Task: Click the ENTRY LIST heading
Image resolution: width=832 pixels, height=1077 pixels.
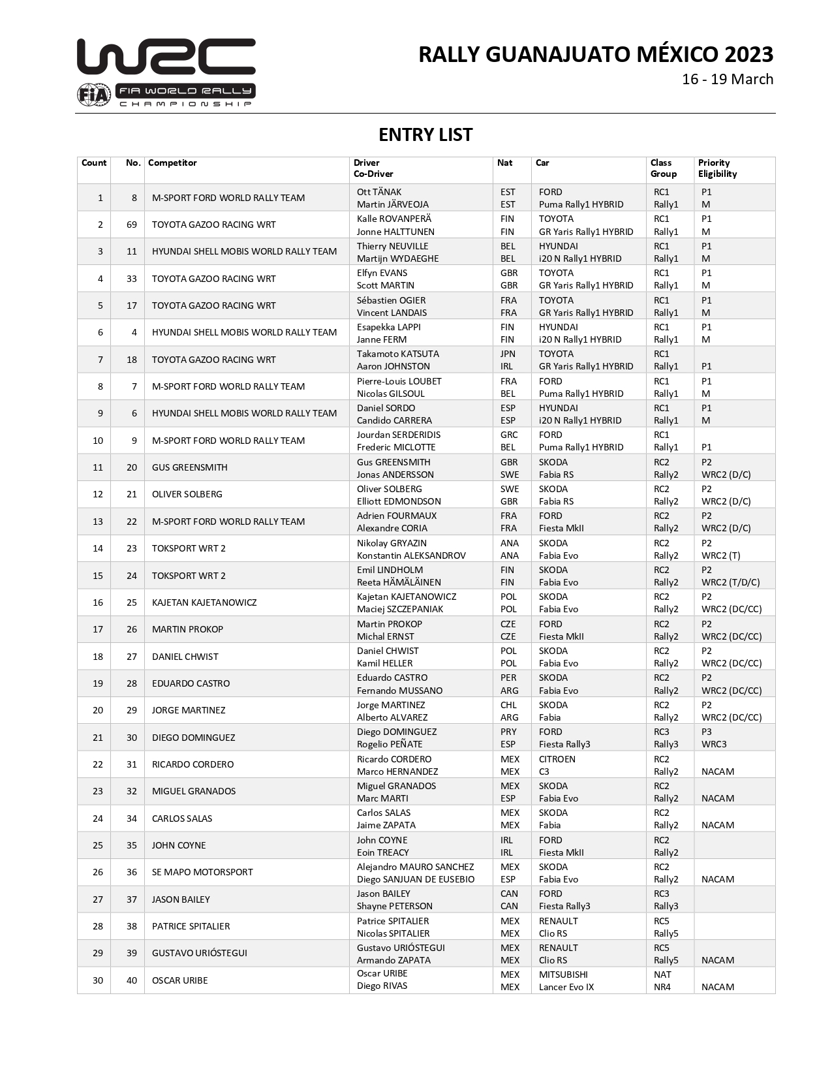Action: coord(425,134)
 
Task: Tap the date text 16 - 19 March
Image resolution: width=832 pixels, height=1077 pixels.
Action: coord(728,79)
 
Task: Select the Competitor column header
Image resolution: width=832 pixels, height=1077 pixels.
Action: coord(172,163)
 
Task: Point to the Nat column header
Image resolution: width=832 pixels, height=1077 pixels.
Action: coord(504,163)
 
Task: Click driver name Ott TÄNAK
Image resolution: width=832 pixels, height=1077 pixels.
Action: coord(379,192)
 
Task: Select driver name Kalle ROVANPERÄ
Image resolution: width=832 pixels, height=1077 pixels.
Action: coord(394,219)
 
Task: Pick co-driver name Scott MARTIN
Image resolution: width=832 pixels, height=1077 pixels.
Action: coord(386,285)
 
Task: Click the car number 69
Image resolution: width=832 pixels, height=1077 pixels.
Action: coord(132,225)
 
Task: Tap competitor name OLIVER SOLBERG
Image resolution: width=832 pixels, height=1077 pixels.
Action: coord(187,494)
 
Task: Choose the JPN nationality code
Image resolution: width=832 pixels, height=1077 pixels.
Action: coord(508,354)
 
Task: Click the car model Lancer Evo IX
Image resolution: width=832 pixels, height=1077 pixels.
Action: coord(566,987)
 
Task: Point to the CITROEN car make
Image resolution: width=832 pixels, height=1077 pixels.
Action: coord(557,759)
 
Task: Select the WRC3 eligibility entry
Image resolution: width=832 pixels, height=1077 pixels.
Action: coord(714,744)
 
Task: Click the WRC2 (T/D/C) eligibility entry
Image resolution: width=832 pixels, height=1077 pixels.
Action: coord(731,582)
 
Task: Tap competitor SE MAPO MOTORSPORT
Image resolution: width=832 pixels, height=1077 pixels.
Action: coord(202,872)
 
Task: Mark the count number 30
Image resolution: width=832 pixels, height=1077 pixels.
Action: coord(98,980)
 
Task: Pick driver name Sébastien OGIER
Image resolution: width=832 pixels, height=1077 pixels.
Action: coord(392,300)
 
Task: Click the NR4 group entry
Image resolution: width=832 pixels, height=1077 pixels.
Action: coord(662,987)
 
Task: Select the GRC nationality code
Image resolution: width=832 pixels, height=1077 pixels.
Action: coord(509,435)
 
